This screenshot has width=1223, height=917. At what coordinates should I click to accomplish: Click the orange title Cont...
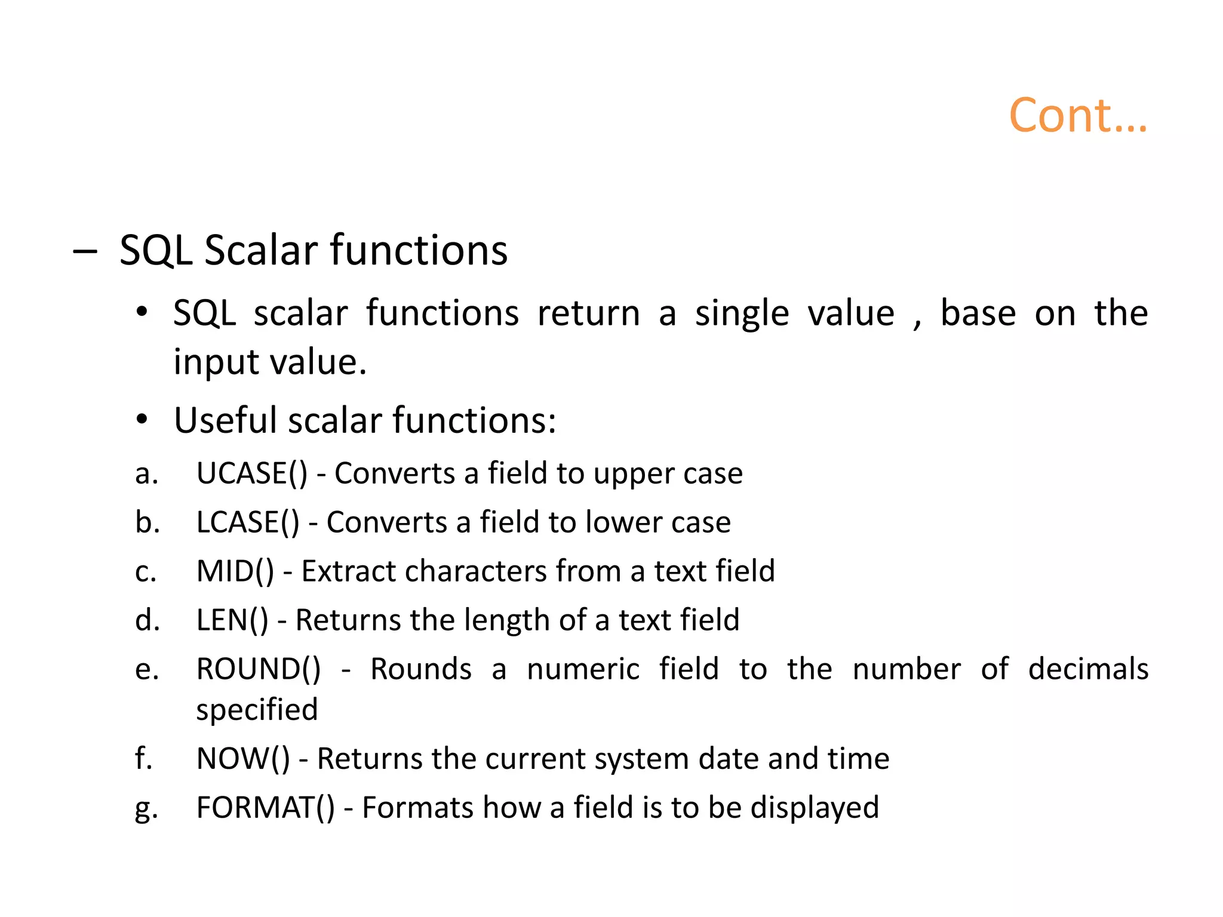pyautogui.click(x=1077, y=116)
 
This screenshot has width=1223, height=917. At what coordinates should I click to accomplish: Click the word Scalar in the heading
pyautogui.click(x=262, y=250)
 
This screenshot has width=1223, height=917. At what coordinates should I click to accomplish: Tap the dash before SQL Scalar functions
pyautogui.click(x=84, y=251)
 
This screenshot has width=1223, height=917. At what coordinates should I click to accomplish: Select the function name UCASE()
pyautogui.click(x=251, y=474)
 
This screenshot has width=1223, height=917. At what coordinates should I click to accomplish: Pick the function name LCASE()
pyautogui.click(x=247, y=523)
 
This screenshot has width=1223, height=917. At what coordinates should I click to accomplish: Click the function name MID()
pyautogui.click(x=235, y=572)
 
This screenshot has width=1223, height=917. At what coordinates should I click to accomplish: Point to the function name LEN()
pyautogui.click(x=232, y=621)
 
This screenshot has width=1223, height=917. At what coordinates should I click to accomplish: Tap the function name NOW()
pyautogui.click(x=242, y=759)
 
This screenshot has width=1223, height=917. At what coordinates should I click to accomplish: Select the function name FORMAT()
pyautogui.click(x=265, y=808)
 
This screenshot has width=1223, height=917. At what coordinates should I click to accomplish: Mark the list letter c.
pyautogui.click(x=145, y=573)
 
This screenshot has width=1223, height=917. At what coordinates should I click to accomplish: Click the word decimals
pyautogui.click(x=1087, y=669)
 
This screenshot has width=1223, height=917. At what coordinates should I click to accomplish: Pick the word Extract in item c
pyautogui.click(x=348, y=572)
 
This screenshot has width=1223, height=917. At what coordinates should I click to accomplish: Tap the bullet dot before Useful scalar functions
pyautogui.click(x=141, y=420)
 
